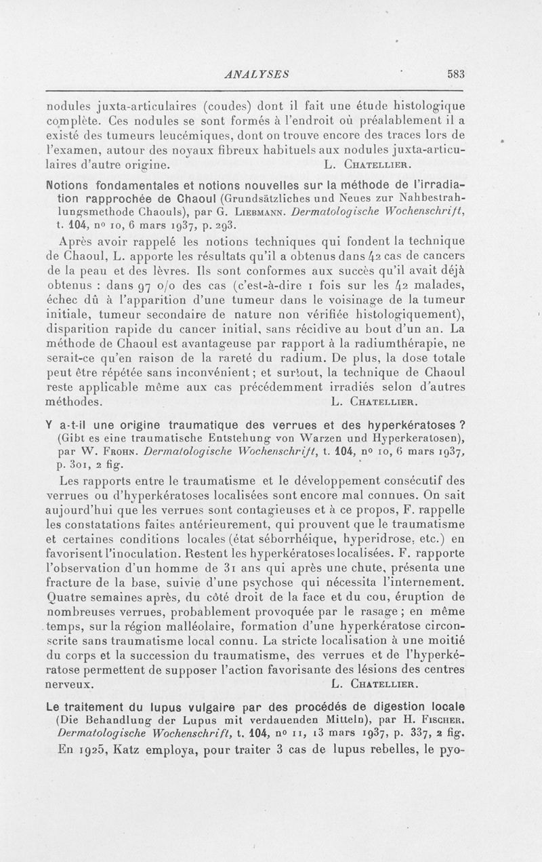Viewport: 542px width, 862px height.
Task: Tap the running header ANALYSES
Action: [258, 75]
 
